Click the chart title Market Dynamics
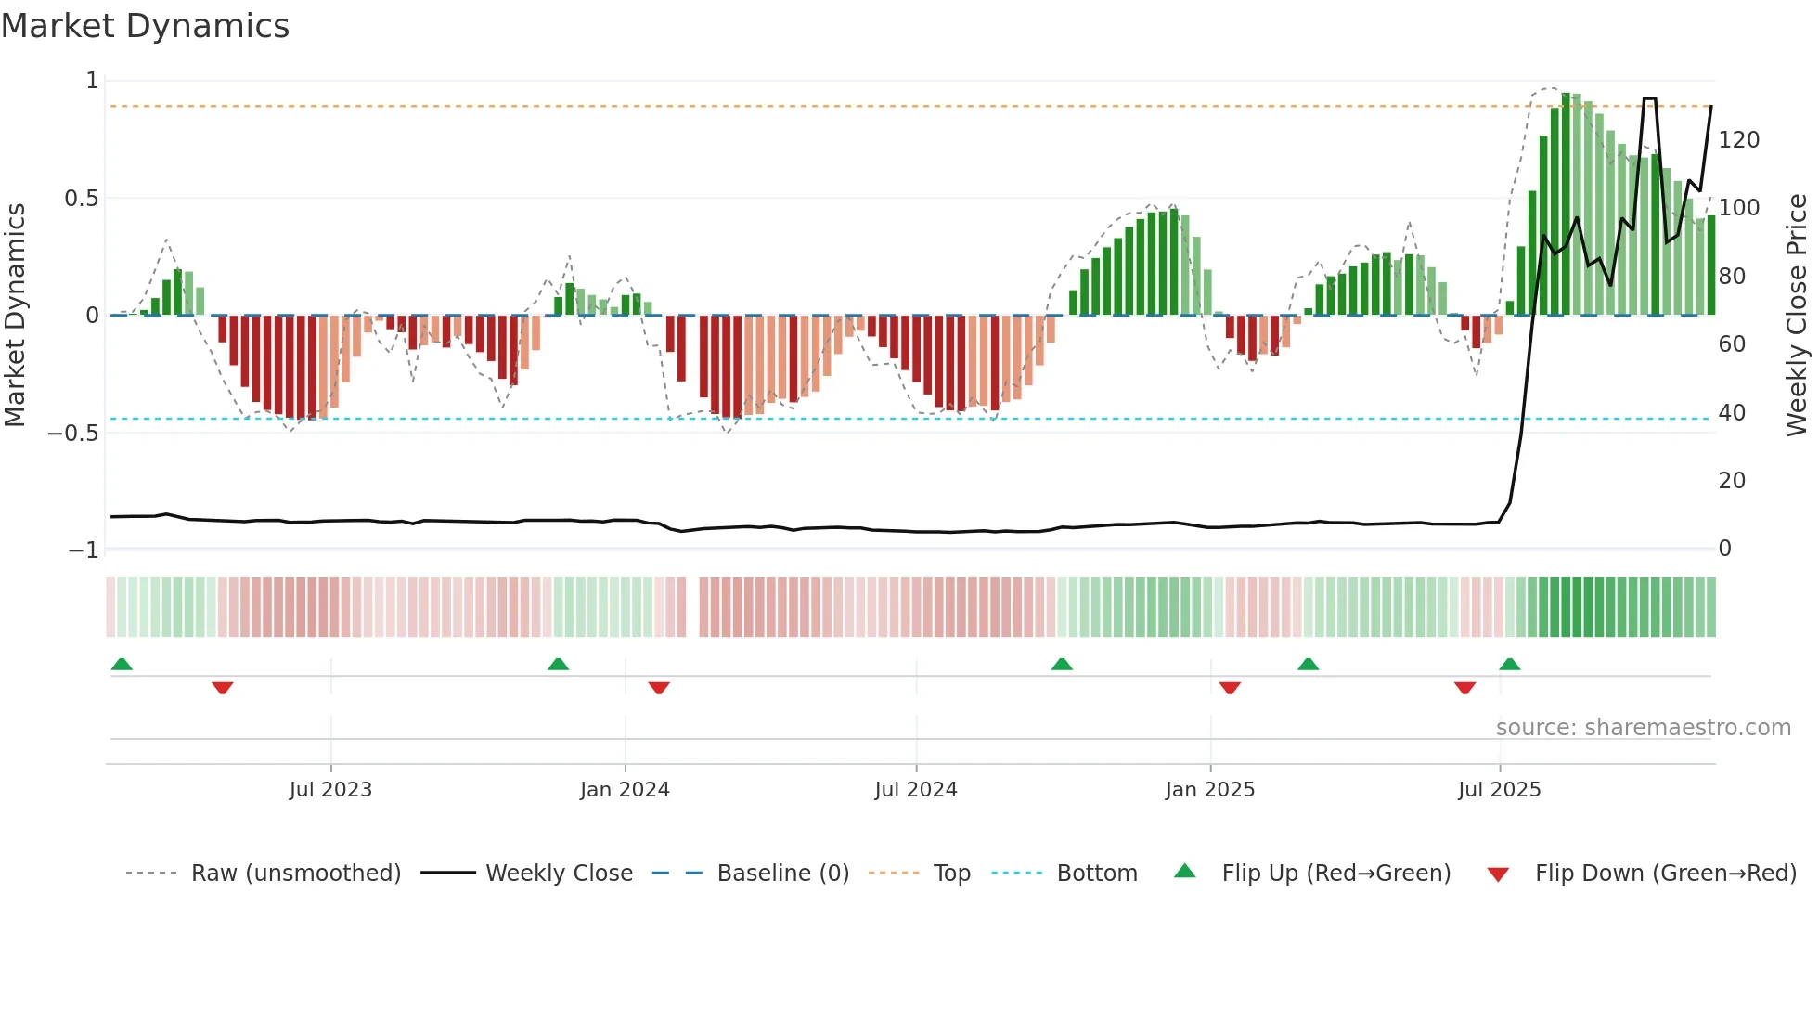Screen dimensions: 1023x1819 click(x=146, y=26)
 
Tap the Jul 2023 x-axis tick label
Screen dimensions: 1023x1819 click(x=330, y=790)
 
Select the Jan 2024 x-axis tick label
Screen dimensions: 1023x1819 click(x=625, y=790)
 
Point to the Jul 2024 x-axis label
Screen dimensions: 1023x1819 click(x=915, y=790)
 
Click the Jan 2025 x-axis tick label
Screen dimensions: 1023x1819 click(x=1210, y=790)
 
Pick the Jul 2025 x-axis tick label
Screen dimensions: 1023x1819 click(x=1499, y=790)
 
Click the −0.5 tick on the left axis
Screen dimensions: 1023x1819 click(x=73, y=434)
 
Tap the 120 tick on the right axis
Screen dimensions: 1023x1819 click(x=1738, y=140)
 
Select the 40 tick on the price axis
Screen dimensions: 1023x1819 click(x=1732, y=413)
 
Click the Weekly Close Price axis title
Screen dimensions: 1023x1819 click(x=1797, y=316)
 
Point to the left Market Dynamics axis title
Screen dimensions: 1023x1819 click(x=15, y=316)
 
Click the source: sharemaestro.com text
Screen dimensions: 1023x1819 click(x=1643, y=728)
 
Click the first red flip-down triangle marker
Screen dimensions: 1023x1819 click(x=222, y=688)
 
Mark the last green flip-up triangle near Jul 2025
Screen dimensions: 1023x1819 click(x=1509, y=664)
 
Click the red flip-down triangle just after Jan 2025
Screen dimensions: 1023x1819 click(x=1230, y=688)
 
